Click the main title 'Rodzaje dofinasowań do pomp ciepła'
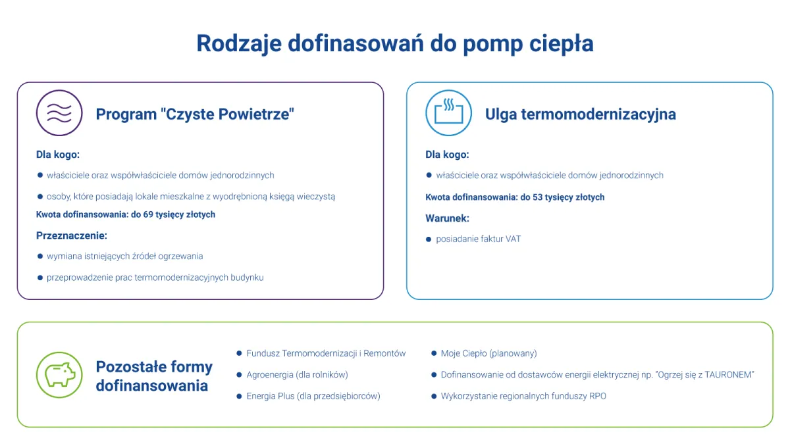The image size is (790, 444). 395,43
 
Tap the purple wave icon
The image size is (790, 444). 59,113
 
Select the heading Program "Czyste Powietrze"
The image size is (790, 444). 195,114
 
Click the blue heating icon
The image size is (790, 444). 449,113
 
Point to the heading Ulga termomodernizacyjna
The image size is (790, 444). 580,114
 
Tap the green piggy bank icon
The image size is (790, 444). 59,375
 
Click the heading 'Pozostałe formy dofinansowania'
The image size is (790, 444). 154,376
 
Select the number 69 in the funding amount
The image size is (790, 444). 149,214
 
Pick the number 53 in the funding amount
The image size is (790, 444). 538,197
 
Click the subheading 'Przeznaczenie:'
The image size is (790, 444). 71,235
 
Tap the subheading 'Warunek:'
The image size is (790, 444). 447,218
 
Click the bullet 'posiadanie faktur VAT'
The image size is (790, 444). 478,239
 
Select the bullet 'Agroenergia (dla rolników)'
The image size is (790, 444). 297,375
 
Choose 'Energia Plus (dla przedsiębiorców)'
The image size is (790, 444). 313,396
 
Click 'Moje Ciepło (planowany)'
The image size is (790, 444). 488,353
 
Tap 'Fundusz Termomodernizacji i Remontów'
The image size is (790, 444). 326,353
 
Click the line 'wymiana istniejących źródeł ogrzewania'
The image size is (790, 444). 124,256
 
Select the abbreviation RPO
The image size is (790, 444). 597,396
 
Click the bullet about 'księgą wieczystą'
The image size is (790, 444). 191,196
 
